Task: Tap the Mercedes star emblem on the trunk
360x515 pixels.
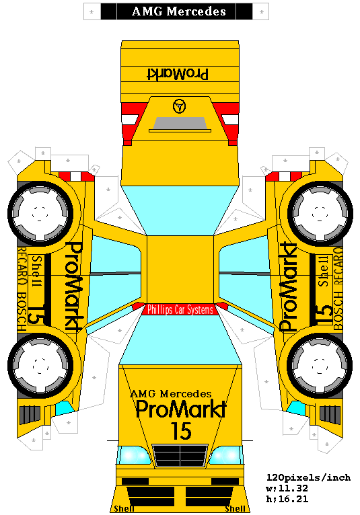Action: (179, 106)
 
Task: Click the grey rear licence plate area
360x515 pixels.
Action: (180, 123)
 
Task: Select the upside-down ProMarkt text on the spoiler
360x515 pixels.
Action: (177, 74)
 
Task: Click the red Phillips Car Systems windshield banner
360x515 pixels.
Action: (180, 309)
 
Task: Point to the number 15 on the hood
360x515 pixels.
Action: (181, 430)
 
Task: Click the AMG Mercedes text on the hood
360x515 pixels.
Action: (171, 393)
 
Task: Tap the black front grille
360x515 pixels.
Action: (180, 455)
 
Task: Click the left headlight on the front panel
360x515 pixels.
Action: (134, 456)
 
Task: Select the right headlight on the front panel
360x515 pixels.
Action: (225, 455)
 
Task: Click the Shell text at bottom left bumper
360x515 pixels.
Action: (124, 509)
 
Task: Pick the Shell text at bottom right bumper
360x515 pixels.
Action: (235, 509)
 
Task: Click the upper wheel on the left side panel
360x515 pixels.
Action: (40, 213)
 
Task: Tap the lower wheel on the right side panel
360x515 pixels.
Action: (320, 366)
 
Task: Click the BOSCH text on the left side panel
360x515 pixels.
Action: (22, 312)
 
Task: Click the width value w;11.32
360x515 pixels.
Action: (287, 488)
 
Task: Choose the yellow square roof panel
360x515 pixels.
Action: (180, 269)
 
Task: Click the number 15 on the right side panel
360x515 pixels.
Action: (325, 315)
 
